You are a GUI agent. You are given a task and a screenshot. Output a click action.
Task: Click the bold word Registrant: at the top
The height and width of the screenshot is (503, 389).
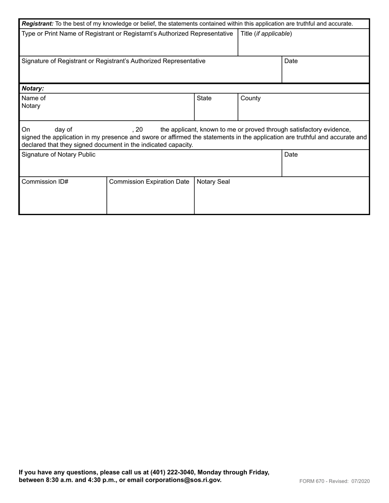(37, 24)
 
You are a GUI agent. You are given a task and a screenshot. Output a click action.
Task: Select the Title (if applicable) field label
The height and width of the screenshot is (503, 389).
(266, 34)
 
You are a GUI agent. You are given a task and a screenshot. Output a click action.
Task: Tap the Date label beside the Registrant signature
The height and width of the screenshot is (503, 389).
(291, 61)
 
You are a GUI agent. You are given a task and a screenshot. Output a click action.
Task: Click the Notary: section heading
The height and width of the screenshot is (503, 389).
(33, 88)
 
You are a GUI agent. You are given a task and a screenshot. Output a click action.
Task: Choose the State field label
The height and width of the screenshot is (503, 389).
(204, 98)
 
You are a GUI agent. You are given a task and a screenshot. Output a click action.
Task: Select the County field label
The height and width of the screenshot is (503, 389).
(251, 98)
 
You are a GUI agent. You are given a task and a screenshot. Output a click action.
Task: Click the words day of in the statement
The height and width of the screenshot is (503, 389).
(63, 130)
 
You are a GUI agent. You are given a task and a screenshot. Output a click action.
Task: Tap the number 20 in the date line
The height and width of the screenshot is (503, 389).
(139, 130)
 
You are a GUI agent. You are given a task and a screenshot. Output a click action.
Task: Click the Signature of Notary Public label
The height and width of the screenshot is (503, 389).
(58, 155)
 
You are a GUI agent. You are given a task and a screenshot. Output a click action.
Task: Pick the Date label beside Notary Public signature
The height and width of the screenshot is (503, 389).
(291, 155)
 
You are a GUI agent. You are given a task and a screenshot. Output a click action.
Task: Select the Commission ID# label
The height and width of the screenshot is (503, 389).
(45, 182)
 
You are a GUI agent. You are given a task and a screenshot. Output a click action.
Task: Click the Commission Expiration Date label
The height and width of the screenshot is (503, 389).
(149, 182)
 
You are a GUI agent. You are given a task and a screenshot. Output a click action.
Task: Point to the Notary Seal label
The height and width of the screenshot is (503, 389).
(213, 182)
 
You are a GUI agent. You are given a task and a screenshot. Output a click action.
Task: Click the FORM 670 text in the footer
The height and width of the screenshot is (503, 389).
(313, 481)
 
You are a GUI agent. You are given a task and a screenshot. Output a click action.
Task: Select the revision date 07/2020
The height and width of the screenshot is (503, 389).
(360, 481)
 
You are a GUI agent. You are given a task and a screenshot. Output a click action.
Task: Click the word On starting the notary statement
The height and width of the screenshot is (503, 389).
(26, 130)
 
